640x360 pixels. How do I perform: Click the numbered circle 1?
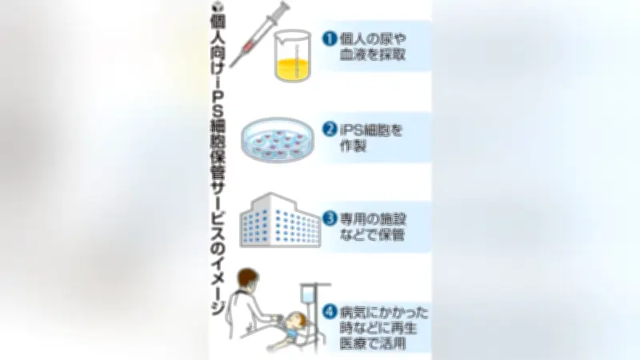click(x=330, y=38)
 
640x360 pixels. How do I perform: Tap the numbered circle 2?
click(x=330, y=129)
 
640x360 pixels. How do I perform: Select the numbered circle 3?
click(x=330, y=218)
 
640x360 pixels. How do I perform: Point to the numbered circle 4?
click(x=330, y=312)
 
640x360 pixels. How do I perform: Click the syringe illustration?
click(x=258, y=34)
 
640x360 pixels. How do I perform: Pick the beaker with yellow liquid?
click(x=293, y=56)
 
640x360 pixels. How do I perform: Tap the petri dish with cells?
click(x=278, y=140)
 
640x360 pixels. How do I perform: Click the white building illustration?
click(x=279, y=220)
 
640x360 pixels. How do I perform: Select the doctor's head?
click(x=248, y=279)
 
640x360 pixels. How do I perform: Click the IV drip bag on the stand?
click(x=307, y=294)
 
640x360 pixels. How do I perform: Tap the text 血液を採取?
click(x=373, y=54)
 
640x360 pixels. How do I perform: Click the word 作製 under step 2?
click(x=353, y=146)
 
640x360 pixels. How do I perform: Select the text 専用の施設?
click(x=373, y=219)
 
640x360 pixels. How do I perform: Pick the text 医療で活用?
click(x=373, y=343)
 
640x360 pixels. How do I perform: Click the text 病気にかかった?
click(x=384, y=313)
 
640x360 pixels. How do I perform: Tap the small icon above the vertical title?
click(x=216, y=6)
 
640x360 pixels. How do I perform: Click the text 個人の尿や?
click(x=373, y=39)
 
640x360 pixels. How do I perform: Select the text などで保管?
click(x=372, y=235)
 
